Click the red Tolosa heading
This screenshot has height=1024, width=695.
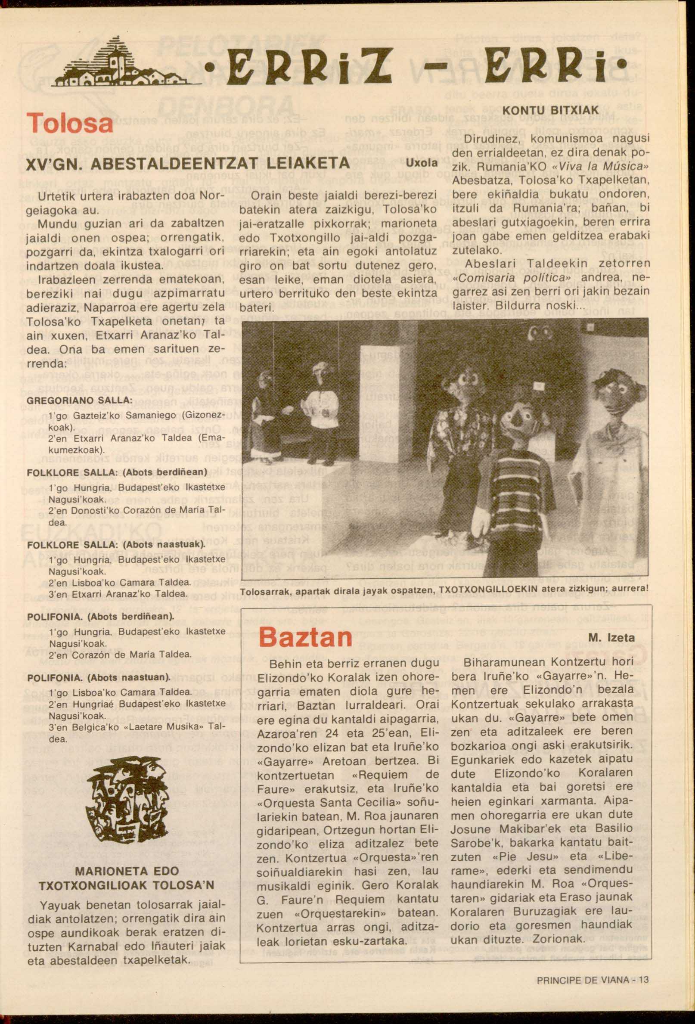tap(70, 122)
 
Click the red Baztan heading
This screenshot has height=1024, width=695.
tap(305, 637)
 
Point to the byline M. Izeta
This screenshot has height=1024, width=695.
tap(611, 638)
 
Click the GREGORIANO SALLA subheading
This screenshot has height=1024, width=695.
tap(80, 401)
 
